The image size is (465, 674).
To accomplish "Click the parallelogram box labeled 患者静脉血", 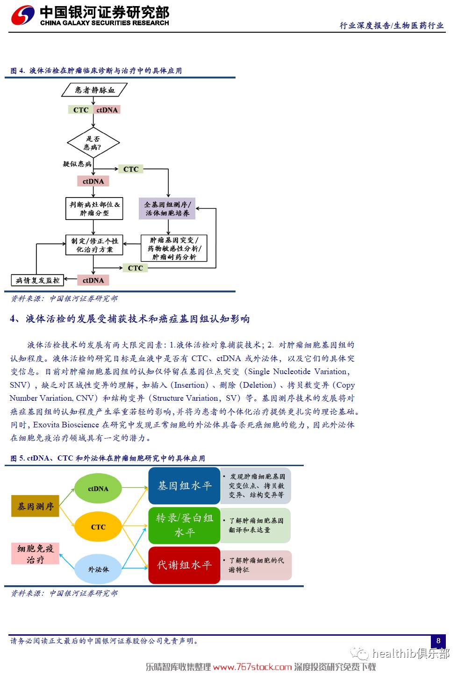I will (94, 90).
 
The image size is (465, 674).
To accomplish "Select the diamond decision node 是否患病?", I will (93, 143).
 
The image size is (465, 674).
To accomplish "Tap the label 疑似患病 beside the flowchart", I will (77, 164).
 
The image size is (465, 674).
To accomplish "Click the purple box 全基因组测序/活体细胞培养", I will (167, 209).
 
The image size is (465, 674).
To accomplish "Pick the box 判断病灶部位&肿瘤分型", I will (94, 209).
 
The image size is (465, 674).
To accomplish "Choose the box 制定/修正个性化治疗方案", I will (94, 245).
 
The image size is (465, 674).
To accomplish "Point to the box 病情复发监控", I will (37, 280).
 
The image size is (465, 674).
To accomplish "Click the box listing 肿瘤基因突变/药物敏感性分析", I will (174, 248).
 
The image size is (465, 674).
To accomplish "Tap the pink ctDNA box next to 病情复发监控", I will (93, 280).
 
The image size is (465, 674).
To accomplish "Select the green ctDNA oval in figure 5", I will (98, 489).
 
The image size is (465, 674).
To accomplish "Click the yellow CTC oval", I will (98, 527).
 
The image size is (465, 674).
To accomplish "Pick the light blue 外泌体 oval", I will (98, 569).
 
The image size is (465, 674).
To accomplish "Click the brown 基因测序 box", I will (36, 506).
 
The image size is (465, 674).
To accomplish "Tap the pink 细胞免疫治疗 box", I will (36, 553).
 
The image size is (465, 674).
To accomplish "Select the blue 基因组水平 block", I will (184, 486).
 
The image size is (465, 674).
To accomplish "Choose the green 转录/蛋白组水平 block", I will (184, 525).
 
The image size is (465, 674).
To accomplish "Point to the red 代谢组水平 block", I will (184, 565).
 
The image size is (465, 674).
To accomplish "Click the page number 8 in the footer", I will (438, 641).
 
